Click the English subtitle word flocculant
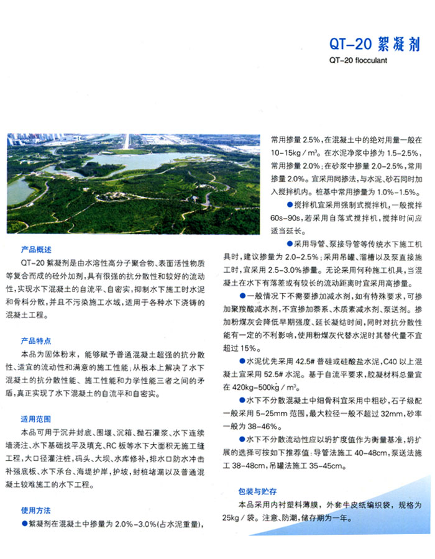370,61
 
